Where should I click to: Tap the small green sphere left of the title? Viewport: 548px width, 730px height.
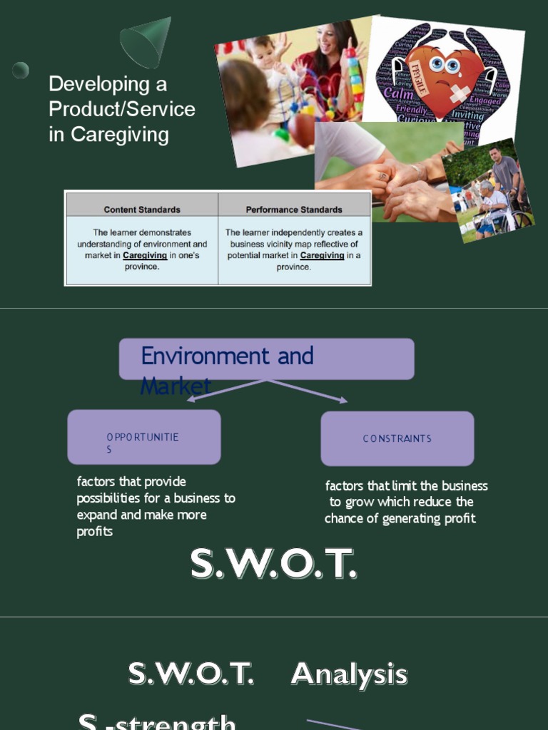click(21, 70)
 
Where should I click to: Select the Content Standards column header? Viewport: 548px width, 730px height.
click(142, 210)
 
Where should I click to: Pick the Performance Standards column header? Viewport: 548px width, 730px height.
click(294, 210)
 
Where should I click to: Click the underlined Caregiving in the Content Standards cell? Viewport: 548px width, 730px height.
click(145, 255)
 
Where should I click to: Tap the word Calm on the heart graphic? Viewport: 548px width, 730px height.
click(398, 93)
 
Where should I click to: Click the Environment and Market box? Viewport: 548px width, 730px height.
click(266, 359)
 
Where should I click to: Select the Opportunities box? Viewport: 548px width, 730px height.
click(143, 437)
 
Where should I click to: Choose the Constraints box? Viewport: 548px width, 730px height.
click(397, 438)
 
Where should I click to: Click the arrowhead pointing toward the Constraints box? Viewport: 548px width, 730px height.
click(343, 400)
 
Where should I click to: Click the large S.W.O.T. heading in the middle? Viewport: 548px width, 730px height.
click(273, 565)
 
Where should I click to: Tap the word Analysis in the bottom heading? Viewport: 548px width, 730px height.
click(349, 674)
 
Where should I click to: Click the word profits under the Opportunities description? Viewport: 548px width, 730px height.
click(94, 532)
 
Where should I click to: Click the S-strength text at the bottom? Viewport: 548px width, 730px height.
click(157, 721)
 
